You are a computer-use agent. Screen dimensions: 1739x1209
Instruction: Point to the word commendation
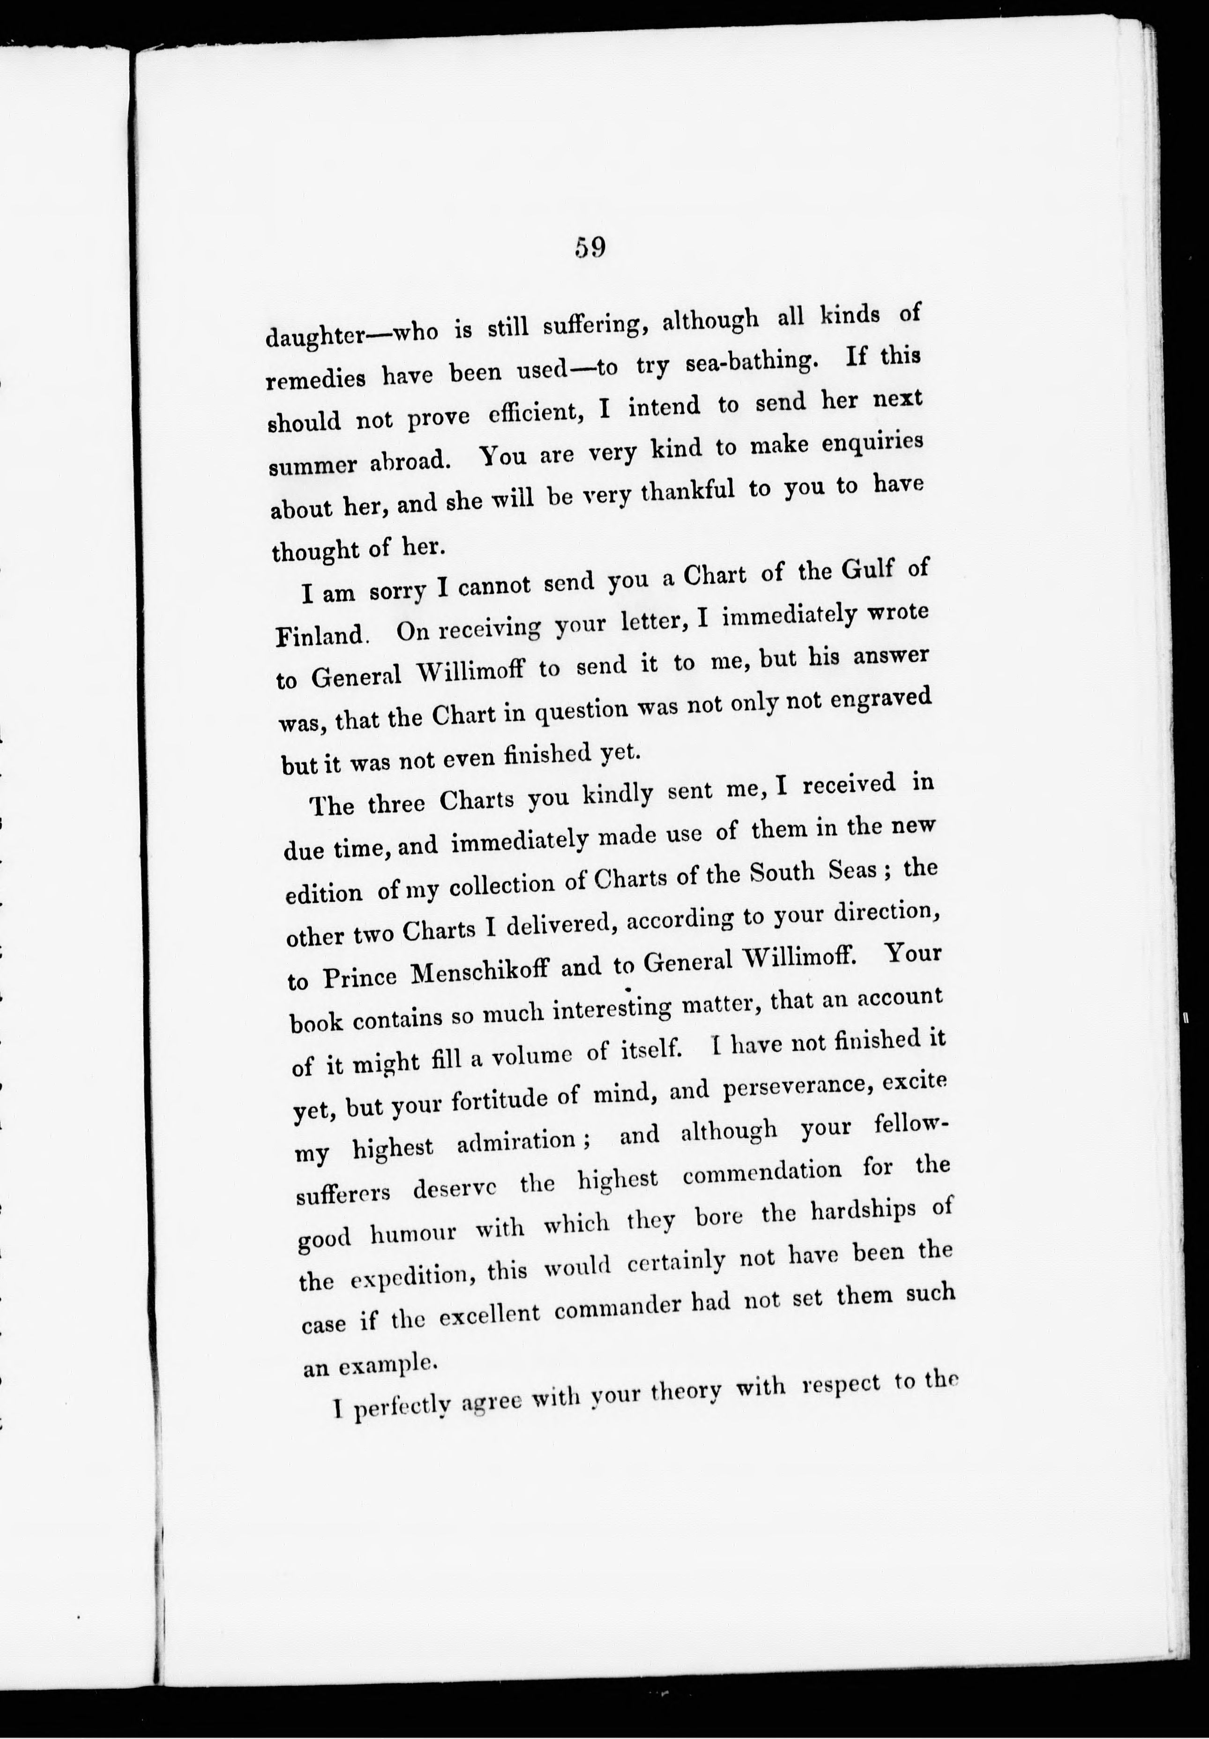[761, 1173]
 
